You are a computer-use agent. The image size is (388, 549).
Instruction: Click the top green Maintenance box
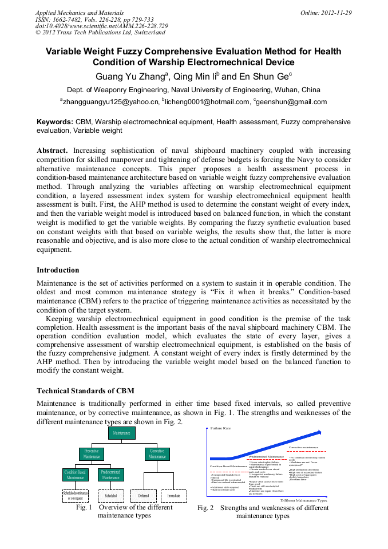121,433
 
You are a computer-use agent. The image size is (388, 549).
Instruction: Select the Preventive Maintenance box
92,454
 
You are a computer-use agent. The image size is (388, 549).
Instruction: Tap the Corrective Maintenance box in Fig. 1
157,454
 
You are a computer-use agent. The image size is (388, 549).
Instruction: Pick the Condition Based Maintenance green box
75,475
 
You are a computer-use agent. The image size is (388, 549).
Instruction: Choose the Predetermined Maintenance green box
109,475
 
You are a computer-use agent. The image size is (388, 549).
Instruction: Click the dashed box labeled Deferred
143,495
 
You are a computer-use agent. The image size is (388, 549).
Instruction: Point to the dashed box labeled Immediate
174,495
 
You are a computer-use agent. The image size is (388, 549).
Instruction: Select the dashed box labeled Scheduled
111,495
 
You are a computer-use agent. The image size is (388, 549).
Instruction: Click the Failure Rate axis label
220,428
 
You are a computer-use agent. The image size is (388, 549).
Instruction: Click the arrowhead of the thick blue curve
325,433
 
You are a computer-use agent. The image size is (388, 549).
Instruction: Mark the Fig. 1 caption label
85,507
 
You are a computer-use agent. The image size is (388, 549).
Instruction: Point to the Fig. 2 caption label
205,508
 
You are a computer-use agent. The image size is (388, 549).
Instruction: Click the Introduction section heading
58,270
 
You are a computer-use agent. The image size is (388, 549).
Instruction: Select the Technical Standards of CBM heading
85,391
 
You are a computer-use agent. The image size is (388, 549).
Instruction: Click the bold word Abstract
53,150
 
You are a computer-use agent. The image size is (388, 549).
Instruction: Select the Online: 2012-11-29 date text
326,13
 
